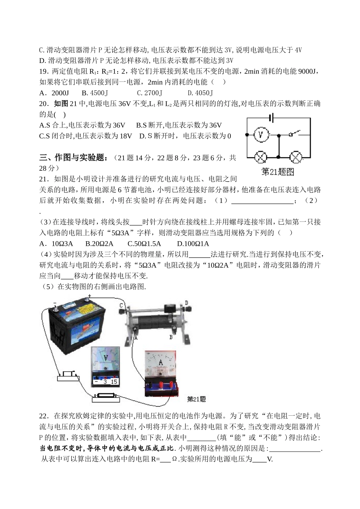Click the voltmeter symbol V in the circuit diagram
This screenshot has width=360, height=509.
click(260, 134)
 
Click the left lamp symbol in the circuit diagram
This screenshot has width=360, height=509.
click(260, 157)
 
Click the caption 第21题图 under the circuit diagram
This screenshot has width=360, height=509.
click(278, 172)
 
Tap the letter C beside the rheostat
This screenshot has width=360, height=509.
click(121, 305)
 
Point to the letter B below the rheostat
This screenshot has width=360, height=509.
click(171, 336)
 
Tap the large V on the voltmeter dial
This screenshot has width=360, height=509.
click(106, 357)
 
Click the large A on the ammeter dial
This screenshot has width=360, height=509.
click(161, 363)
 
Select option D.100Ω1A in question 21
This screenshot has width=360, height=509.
click(193, 244)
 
